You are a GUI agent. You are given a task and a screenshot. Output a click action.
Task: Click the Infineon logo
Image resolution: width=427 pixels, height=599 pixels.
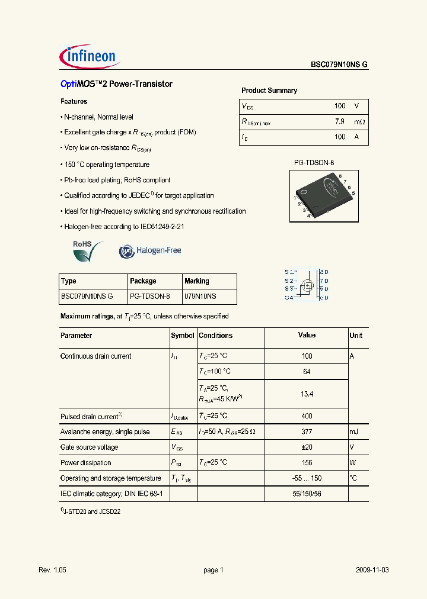point(90,56)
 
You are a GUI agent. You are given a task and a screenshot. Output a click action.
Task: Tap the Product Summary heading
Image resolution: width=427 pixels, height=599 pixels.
point(269,91)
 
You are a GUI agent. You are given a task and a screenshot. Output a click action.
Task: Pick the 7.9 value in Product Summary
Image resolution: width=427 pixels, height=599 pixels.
point(340,121)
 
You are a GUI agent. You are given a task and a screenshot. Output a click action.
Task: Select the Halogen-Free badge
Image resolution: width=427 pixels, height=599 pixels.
point(150,251)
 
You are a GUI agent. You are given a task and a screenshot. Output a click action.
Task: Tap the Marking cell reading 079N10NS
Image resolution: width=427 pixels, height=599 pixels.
point(200,297)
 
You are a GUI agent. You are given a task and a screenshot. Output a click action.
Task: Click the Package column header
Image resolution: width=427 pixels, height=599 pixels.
point(143,281)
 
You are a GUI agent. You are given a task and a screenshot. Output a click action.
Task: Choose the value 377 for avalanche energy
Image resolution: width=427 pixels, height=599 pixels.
point(307,432)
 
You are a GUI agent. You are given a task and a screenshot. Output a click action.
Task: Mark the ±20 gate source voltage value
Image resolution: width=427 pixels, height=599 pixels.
point(307,447)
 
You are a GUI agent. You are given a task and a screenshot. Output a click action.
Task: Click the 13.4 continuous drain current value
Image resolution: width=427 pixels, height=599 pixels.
point(307,394)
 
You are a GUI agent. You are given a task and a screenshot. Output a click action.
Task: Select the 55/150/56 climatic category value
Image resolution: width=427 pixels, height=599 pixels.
point(307,494)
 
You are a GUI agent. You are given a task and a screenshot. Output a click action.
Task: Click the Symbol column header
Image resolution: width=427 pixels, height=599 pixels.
point(183,336)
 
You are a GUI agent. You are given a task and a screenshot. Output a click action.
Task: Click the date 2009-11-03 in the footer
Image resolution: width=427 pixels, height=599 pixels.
point(372,570)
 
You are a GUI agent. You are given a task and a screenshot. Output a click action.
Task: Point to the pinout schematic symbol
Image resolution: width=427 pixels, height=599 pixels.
point(307,285)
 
